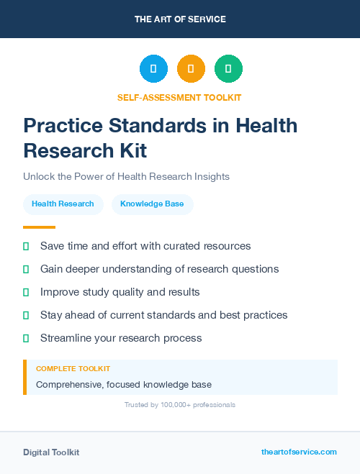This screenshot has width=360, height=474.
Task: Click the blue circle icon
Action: (x=153, y=68)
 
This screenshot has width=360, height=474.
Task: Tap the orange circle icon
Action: (x=191, y=68)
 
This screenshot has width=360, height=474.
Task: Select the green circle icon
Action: (x=228, y=68)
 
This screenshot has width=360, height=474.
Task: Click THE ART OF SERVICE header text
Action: (x=180, y=19)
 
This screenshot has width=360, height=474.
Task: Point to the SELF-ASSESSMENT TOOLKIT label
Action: (x=179, y=97)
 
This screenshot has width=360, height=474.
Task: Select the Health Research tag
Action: (x=63, y=204)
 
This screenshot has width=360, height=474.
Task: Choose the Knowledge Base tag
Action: (x=152, y=204)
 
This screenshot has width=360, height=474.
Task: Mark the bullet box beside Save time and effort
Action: (x=26, y=246)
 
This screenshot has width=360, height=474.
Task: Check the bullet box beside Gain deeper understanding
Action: (x=26, y=269)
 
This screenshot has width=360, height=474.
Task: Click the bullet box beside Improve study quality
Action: (x=26, y=292)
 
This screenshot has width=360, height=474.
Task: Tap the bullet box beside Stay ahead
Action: (x=26, y=315)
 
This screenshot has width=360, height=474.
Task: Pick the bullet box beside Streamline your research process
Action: (x=26, y=338)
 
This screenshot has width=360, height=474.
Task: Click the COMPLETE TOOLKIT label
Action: (x=73, y=368)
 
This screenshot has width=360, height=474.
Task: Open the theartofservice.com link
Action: (x=299, y=452)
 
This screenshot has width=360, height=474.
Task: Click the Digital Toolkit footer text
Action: (x=51, y=452)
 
